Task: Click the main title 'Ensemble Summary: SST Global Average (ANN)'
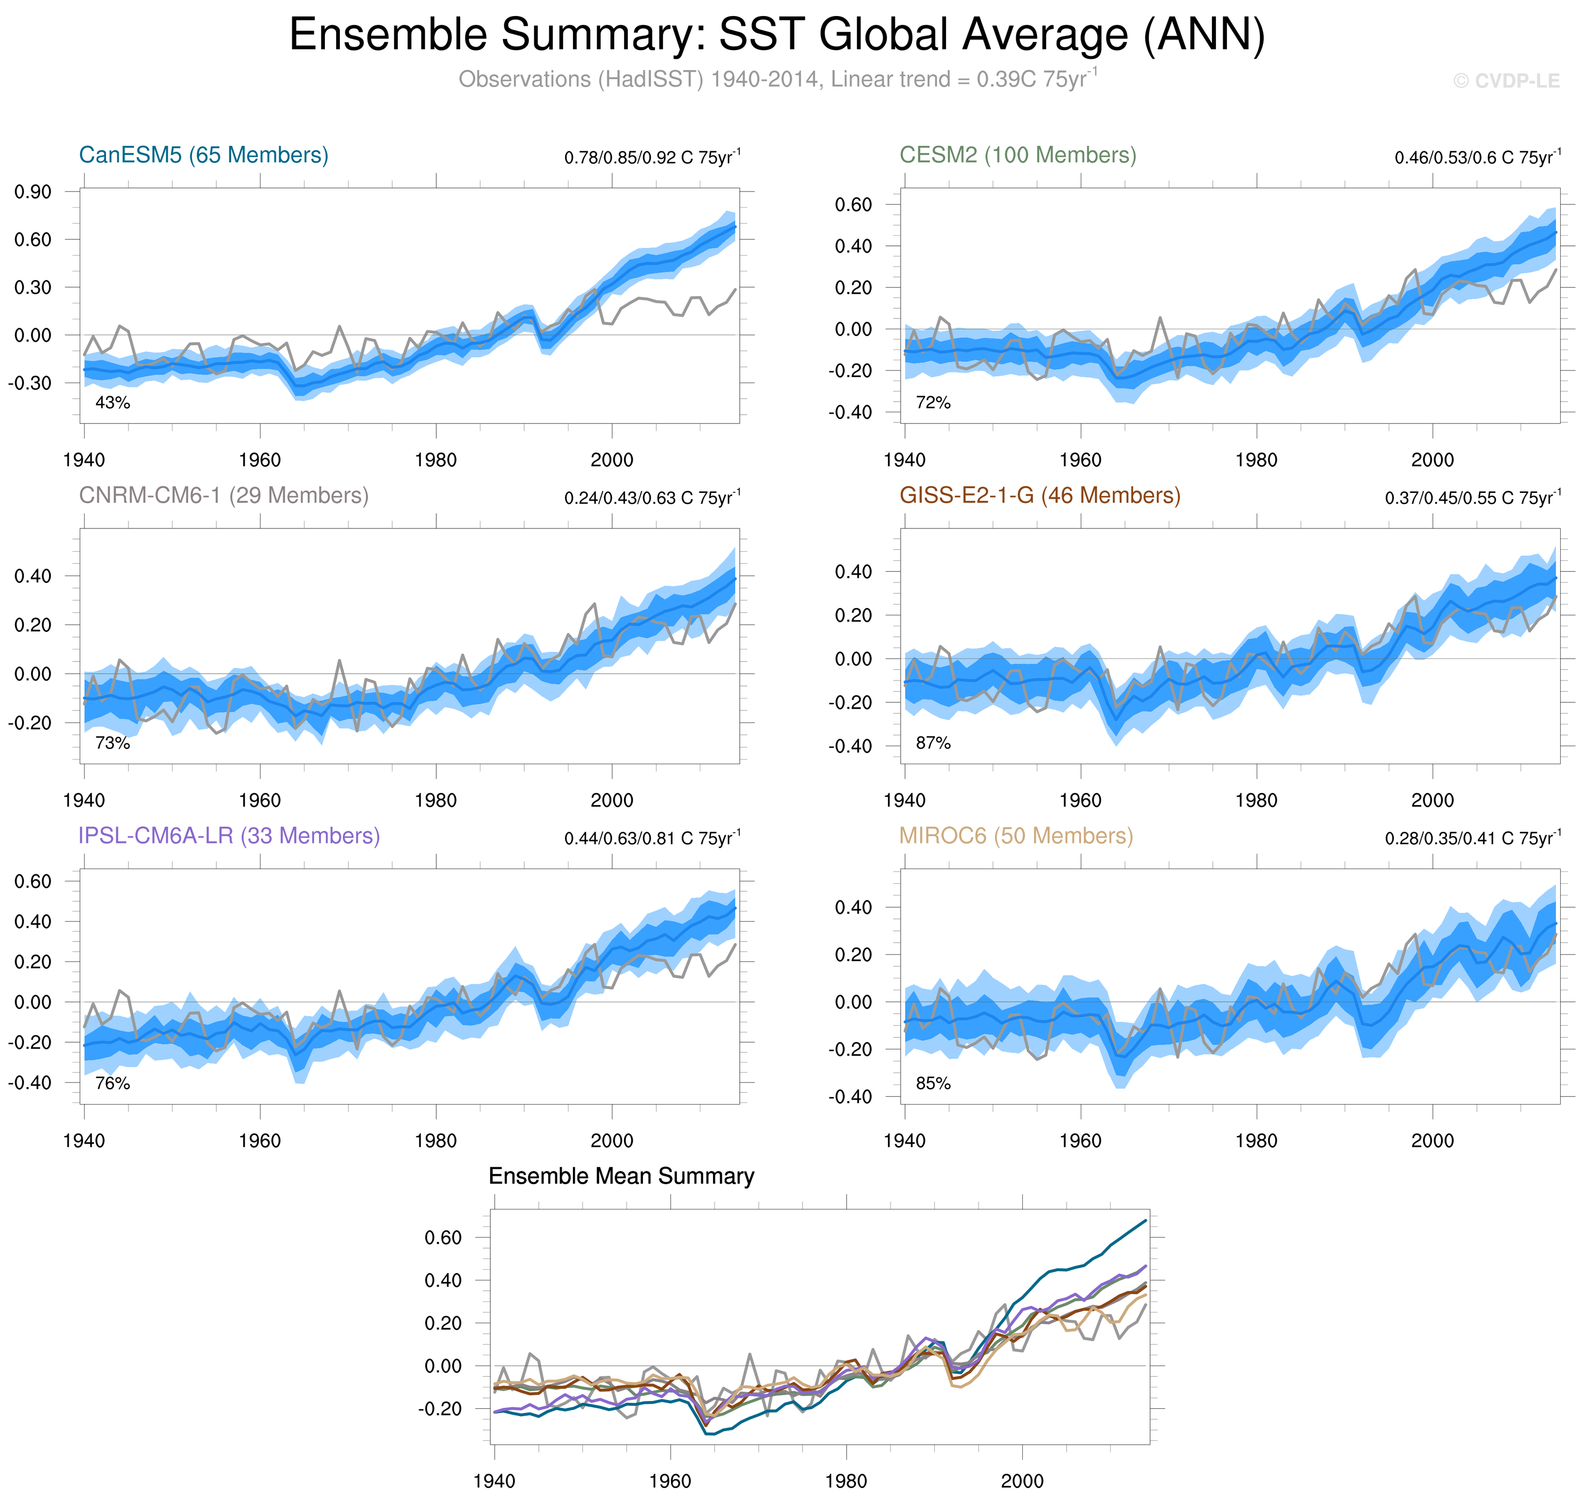coord(776,35)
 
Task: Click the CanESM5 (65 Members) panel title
coord(204,155)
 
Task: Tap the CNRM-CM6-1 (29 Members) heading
coord(224,495)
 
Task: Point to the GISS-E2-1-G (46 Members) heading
coord(1039,495)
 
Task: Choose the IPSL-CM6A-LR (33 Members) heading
coord(229,836)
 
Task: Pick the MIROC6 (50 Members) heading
coord(1016,836)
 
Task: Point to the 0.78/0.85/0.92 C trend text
coord(652,157)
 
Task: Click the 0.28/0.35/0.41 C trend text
coord(1473,838)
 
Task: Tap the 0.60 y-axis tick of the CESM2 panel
coord(853,205)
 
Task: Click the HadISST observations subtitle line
coord(776,79)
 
